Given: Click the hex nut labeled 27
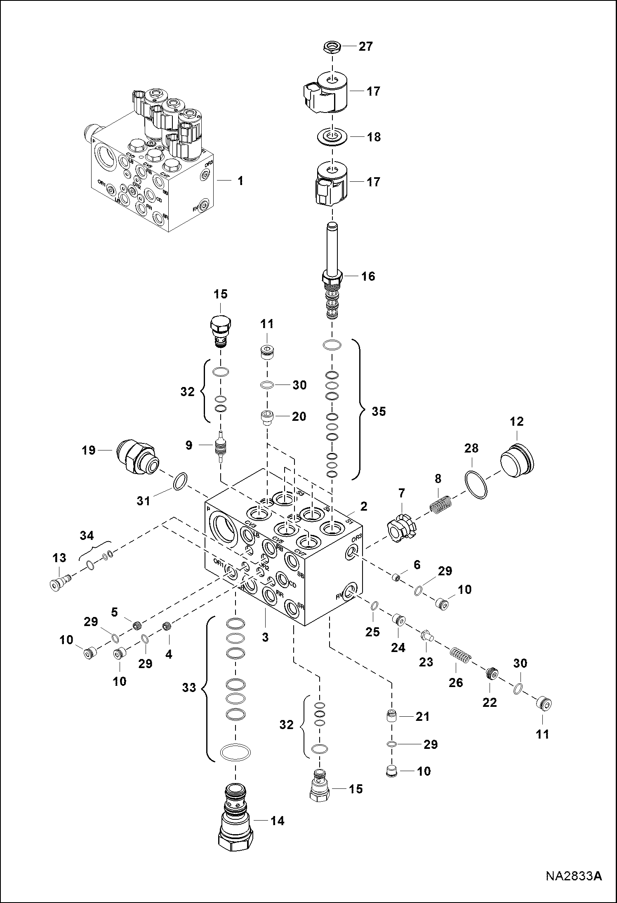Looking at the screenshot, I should click(x=332, y=47).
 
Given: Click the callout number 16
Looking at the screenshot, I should click(x=368, y=276).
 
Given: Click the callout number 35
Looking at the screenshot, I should click(x=378, y=411).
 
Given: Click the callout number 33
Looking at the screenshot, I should click(x=189, y=688).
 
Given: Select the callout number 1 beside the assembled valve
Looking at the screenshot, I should click(x=240, y=181).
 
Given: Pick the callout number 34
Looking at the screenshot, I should click(x=87, y=536).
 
